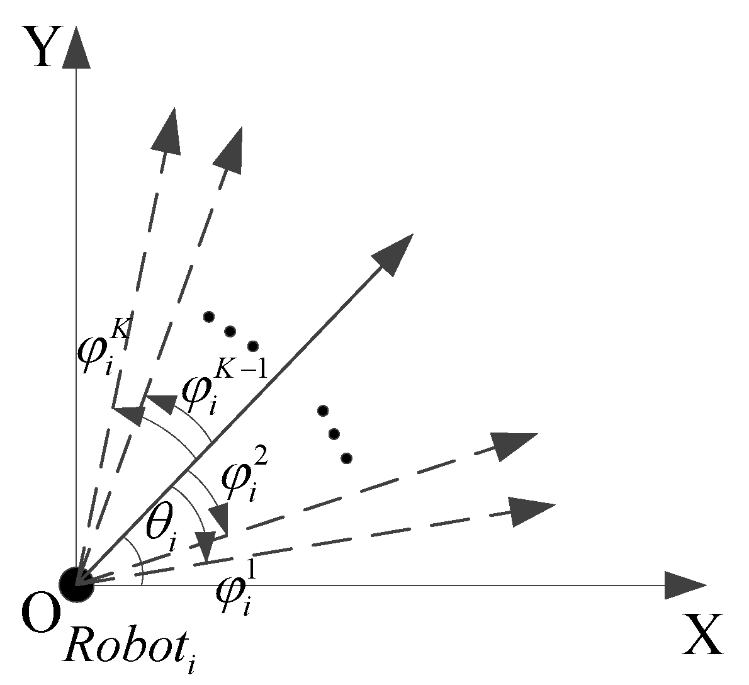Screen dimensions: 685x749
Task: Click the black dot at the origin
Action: (x=76, y=584)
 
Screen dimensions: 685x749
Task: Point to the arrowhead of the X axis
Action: (x=685, y=585)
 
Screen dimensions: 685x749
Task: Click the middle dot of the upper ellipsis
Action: (x=230, y=331)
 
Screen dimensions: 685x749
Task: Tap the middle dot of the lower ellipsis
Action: (x=334, y=434)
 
